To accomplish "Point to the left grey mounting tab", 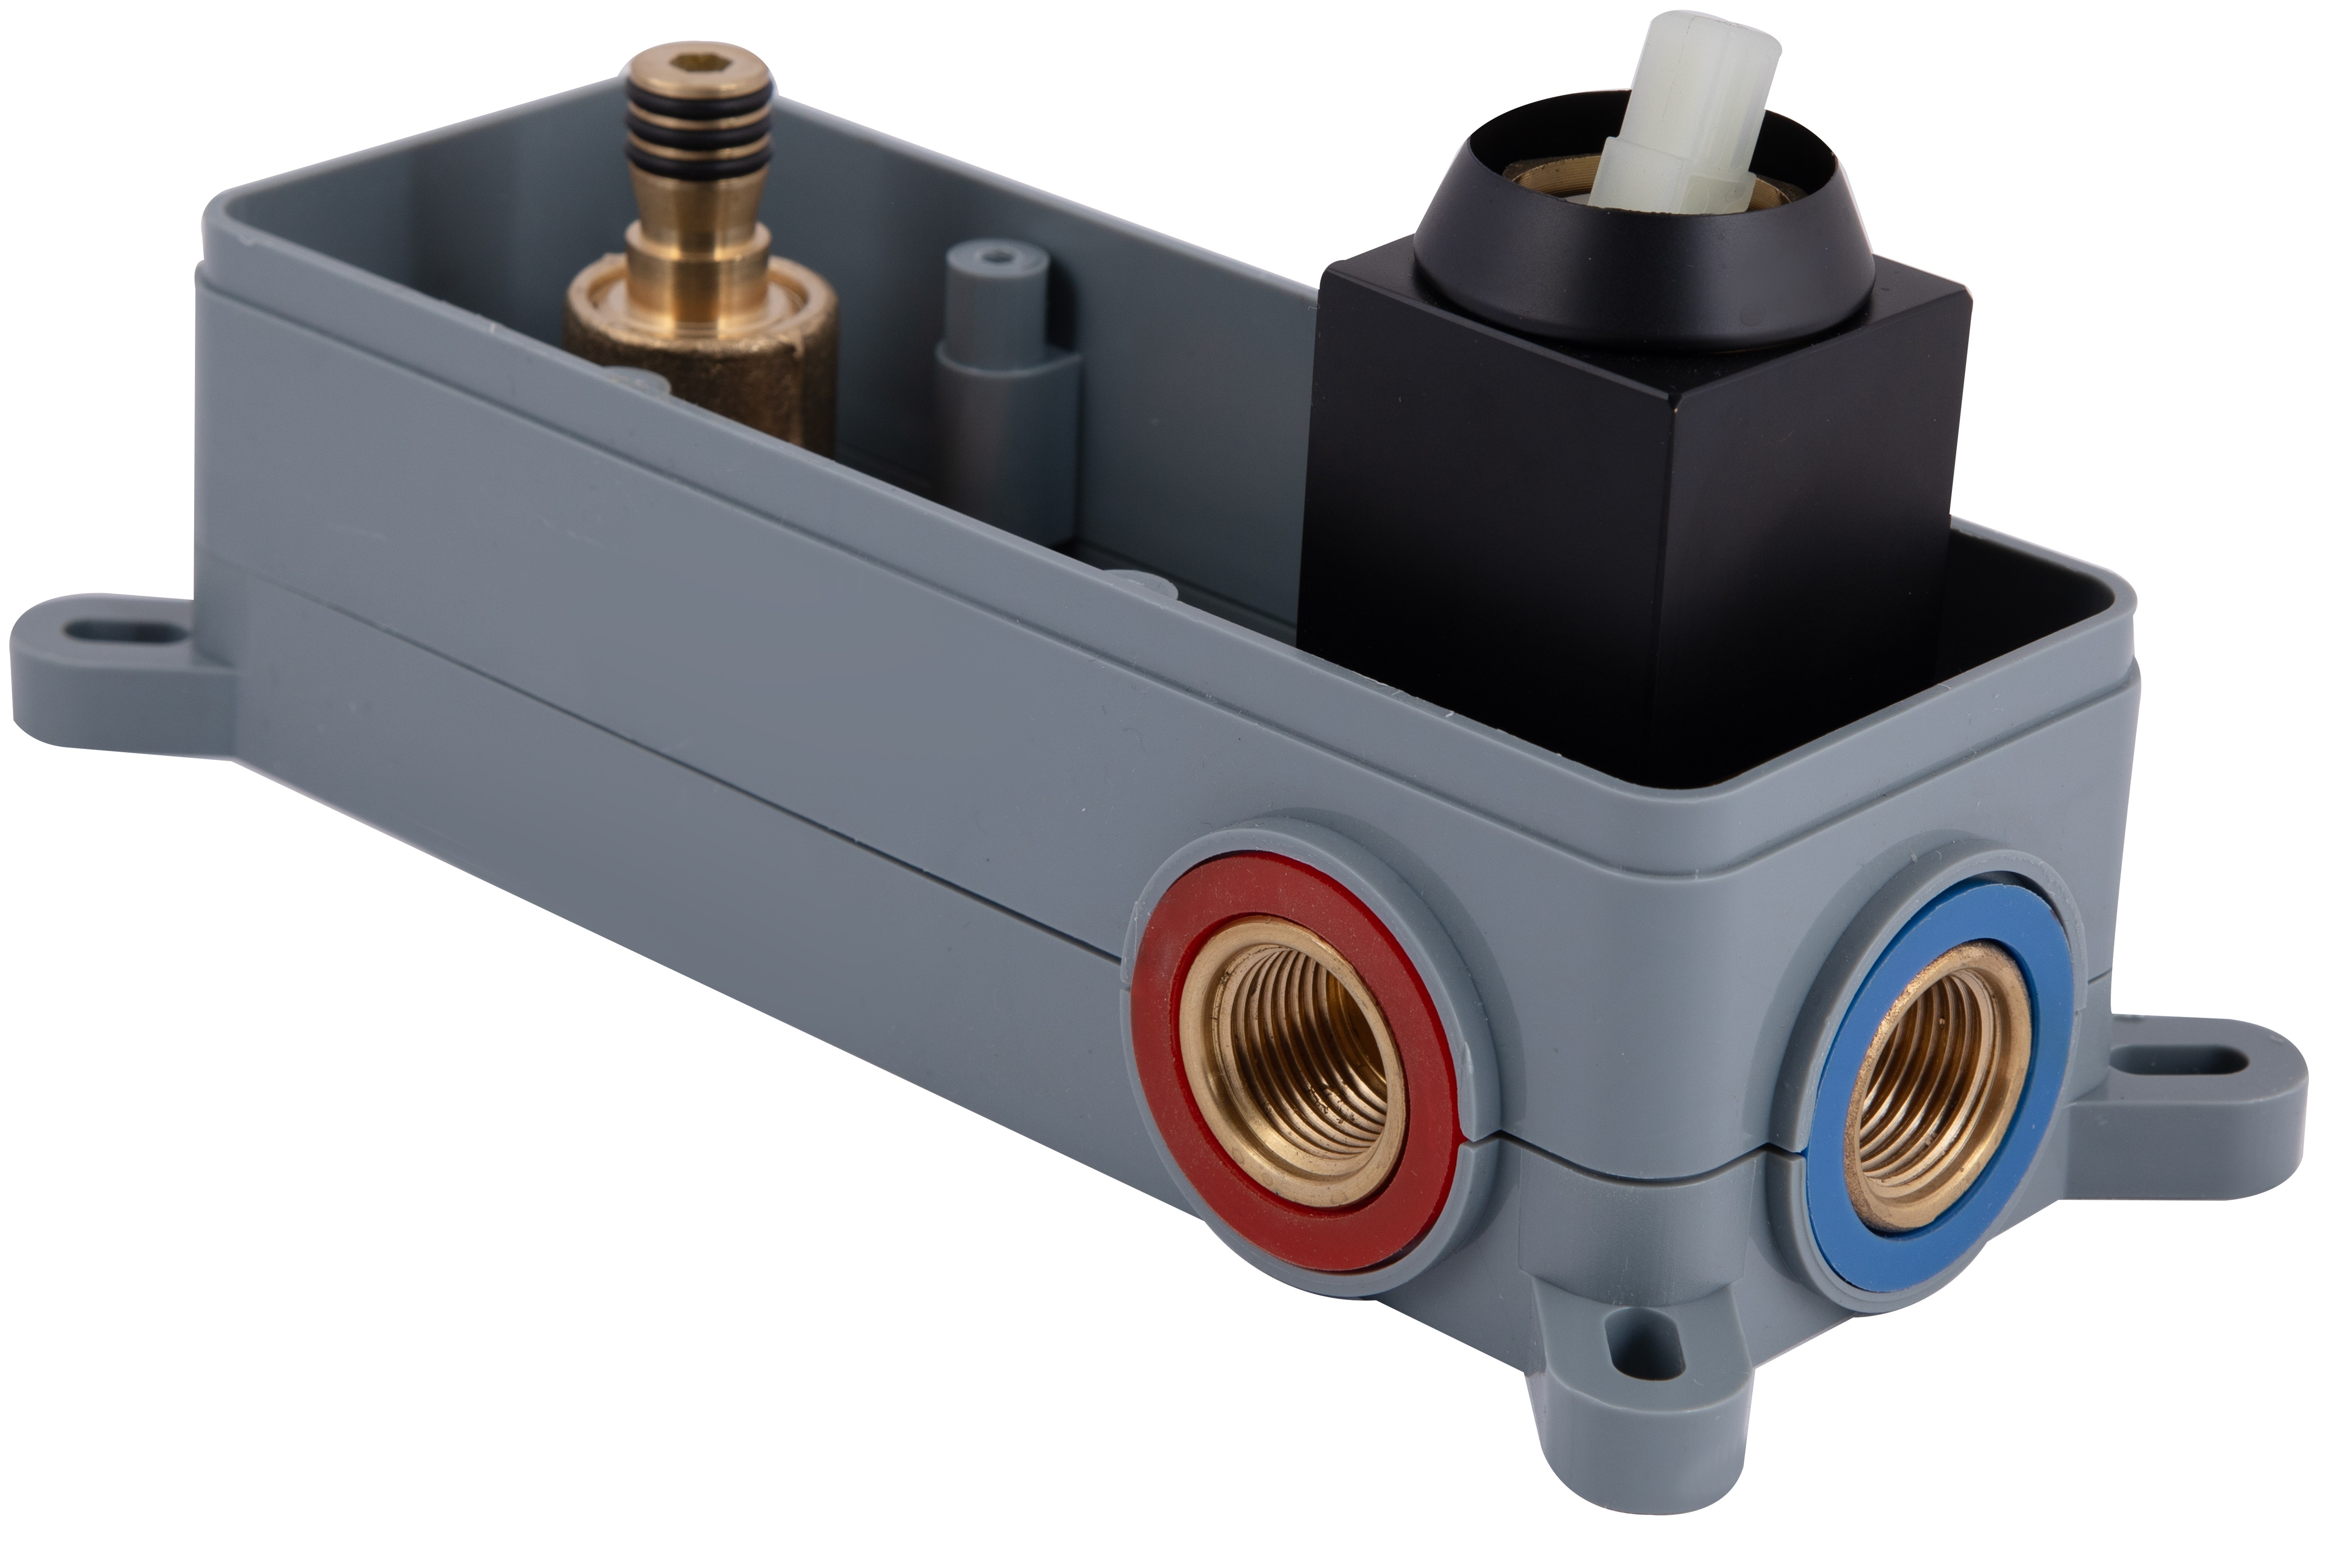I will (x=119, y=672).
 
